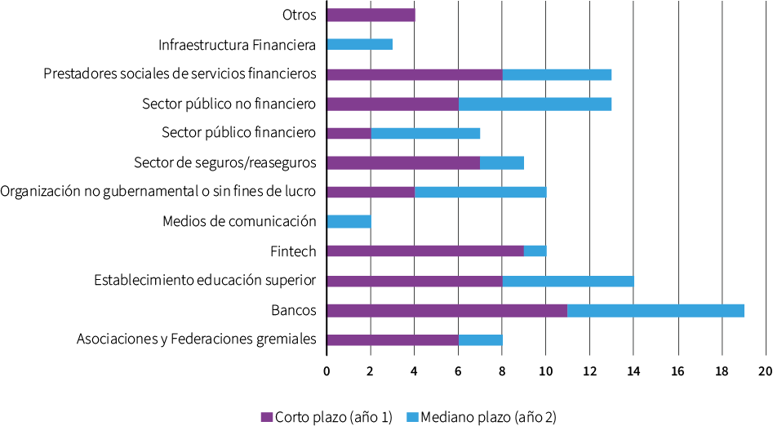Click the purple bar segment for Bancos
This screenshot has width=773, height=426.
[446, 310]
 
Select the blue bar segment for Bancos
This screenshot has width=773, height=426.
[655, 310]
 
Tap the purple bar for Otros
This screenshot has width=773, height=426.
[371, 15]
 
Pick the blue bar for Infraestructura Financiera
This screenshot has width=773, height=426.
[359, 44]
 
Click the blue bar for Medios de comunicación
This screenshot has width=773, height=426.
[349, 221]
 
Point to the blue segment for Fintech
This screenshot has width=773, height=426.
[535, 251]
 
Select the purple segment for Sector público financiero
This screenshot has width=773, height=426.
[349, 133]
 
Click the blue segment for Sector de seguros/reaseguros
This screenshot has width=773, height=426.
[502, 162]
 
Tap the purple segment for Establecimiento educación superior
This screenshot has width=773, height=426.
[414, 281]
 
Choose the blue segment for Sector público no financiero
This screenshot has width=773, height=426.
[535, 104]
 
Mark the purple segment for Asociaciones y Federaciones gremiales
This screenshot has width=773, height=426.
[392, 339]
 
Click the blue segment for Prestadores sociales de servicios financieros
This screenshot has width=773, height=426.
[557, 74]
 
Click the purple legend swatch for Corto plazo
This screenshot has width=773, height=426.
[266, 417]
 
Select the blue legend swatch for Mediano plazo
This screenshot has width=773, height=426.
[413, 417]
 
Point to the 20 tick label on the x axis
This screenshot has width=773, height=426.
[765, 371]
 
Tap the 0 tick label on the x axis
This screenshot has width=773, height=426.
[327, 371]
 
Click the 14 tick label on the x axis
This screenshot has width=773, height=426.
[633, 371]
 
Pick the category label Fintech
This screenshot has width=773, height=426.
[293, 251]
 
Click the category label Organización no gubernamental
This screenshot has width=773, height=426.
[158, 192]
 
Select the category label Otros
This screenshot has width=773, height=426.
[299, 15]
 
